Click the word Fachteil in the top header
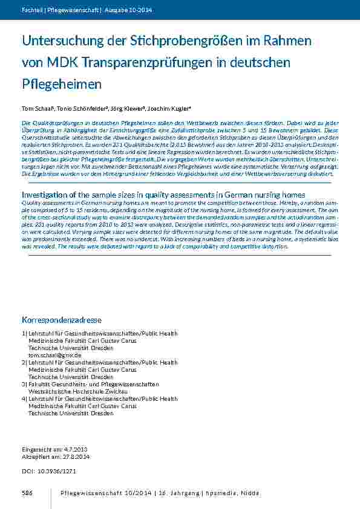(x=31, y=10)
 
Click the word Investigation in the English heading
(x=48, y=195)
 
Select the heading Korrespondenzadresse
(x=62, y=319)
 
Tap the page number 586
(x=27, y=494)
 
